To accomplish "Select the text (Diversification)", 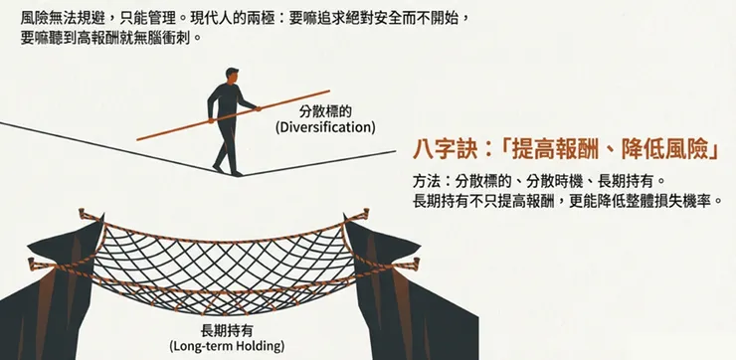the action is point(325,127).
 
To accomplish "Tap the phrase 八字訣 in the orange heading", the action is point(445,151).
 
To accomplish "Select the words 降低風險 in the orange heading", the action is point(667,151).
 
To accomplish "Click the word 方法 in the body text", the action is point(426,182).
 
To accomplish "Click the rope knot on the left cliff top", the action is point(92,217).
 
